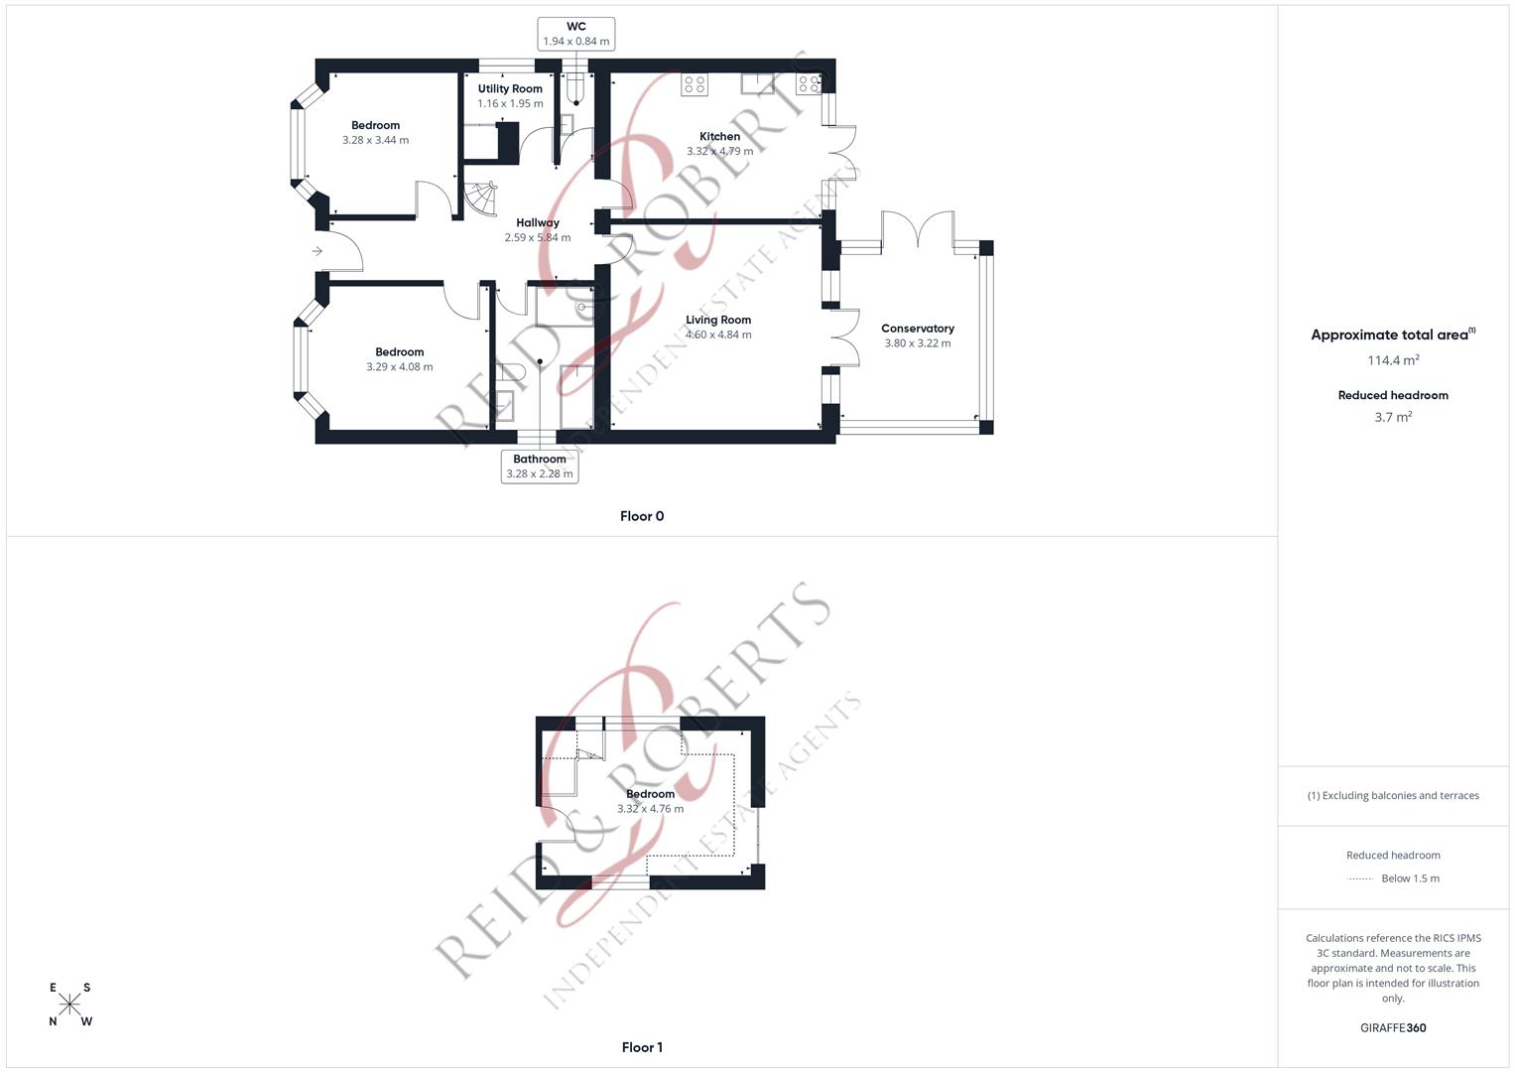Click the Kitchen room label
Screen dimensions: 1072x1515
coord(719,137)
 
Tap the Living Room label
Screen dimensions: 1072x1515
coord(718,320)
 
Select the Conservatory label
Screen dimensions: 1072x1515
coord(918,329)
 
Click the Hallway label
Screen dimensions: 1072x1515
coord(538,223)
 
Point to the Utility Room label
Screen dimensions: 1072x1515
coord(510,89)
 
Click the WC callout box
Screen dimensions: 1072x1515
coord(575,34)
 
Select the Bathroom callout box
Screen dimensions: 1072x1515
coord(540,467)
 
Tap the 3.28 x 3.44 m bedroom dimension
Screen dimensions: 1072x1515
coord(375,141)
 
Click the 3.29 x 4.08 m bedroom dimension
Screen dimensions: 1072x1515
coord(400,367)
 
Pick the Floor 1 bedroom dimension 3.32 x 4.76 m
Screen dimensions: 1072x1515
coord(650,809)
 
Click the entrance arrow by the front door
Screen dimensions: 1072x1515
coord(316,251)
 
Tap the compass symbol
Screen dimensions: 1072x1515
coord(70,1005)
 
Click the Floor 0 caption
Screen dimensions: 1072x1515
coord(642,516)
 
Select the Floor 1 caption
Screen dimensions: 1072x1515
coord(642,1047)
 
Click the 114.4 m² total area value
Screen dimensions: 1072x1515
coord(1393,360)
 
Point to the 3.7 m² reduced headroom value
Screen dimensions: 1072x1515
coord(1393,417)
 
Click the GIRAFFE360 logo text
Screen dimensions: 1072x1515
coord(1393,1028)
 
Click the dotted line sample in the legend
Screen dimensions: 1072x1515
coord(1360,878)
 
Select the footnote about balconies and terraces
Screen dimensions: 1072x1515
coord(1393,795)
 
